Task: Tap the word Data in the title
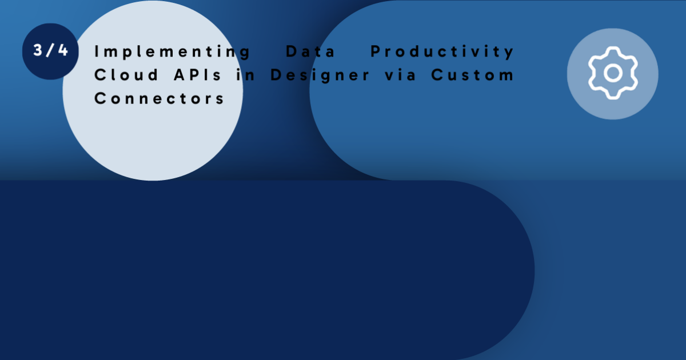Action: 310,52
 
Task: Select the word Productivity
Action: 442,52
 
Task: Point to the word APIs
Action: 197,75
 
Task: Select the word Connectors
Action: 159,98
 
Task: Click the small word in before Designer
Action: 246,75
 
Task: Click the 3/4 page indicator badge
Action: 50,51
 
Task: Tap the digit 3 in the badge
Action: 38,50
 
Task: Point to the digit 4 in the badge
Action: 62,50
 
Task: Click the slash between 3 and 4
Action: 50,50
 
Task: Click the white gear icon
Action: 613,74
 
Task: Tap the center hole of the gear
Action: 613,74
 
